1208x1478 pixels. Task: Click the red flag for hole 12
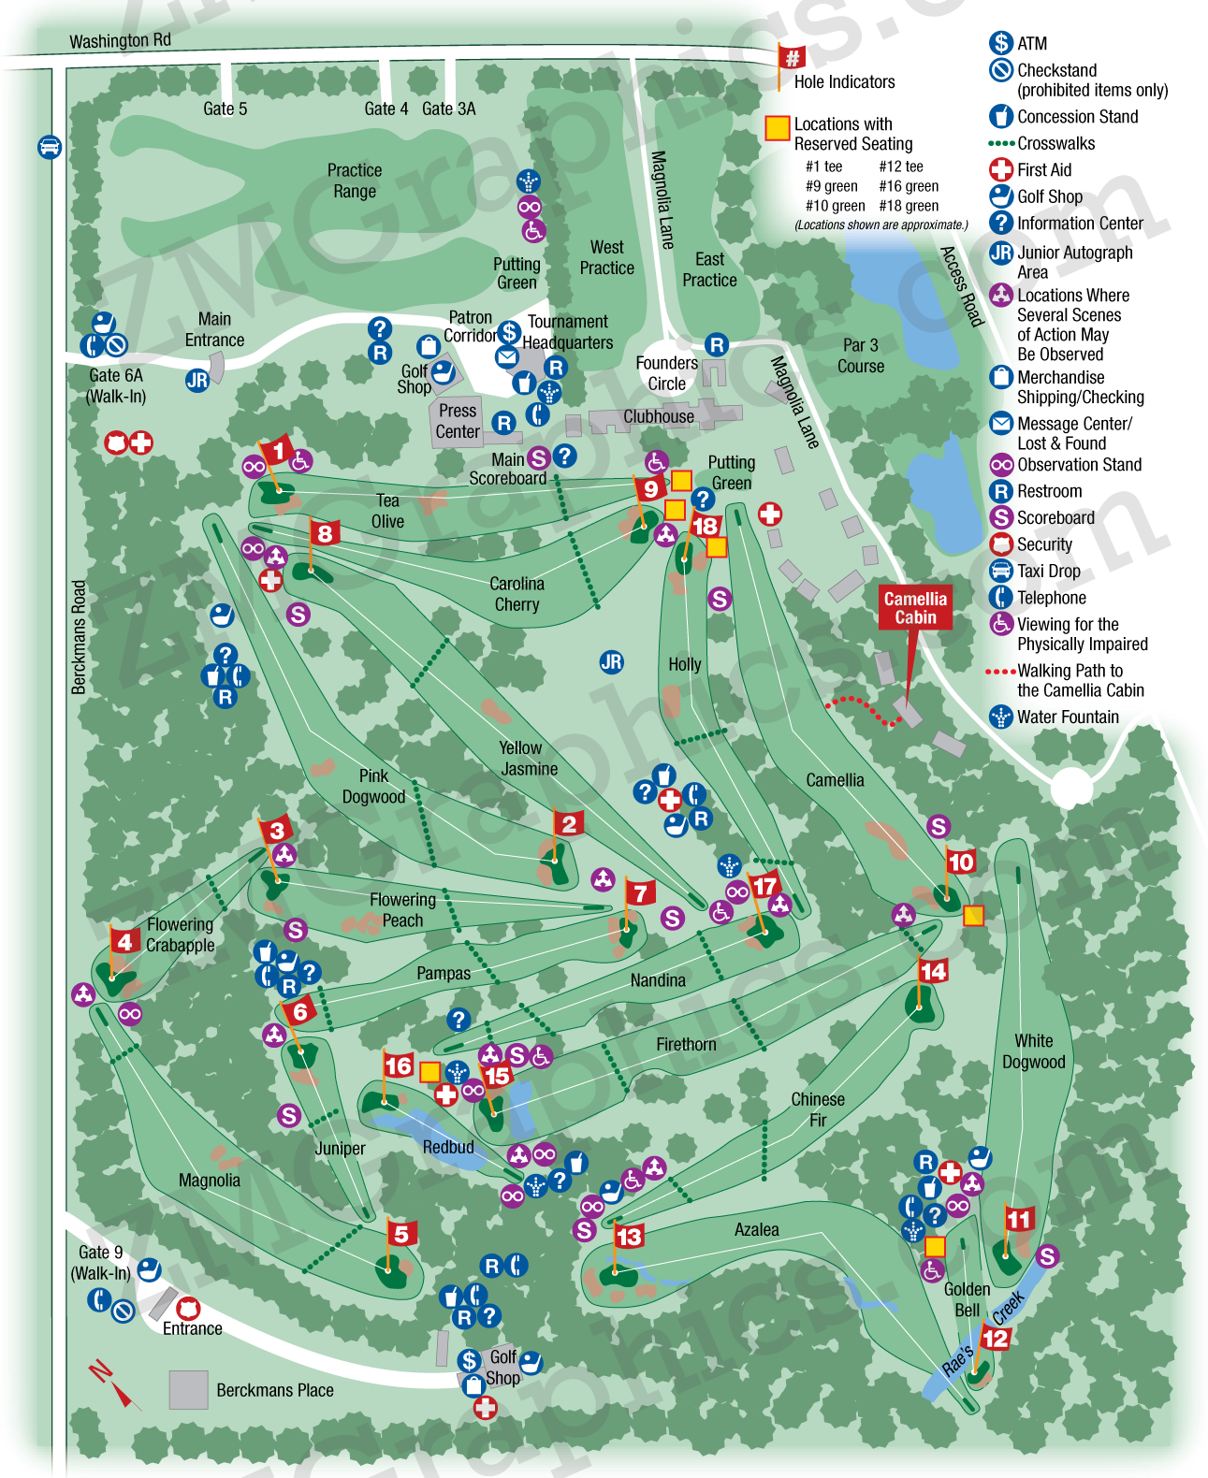pos(996,1338)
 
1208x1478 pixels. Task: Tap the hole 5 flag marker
pos(401,1234)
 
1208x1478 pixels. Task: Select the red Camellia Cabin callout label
pos(915,608)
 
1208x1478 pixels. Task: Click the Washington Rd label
pos(120,40)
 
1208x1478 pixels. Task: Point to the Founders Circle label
pos(666,373)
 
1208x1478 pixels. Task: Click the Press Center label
pos(458,421)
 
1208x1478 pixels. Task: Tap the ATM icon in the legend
pos(1001,43)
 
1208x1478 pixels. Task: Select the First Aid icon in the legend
pos(1001,169)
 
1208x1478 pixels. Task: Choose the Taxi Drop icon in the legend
pos(1001,571)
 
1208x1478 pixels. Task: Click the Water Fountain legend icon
pos(1001,717)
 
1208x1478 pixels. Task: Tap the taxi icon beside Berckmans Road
pos(50,147)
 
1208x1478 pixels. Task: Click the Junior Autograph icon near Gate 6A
pos(196,380)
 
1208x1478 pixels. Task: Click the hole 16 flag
pos(398,1065)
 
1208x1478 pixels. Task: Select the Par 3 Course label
pos(860,355)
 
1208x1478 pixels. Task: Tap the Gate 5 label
pos(225,109)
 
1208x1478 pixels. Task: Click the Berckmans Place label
pos(274,1390)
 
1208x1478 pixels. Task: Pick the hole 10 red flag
pos(961,862)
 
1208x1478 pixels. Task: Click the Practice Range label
pos(354,181)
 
